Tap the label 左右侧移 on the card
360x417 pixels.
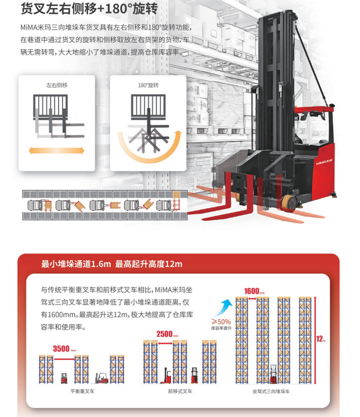point(57,85)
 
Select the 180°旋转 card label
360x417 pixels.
point(148,85)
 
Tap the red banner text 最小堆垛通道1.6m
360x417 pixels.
point(76,264)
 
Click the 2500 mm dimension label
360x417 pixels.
point(167,334)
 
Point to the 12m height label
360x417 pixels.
point(320,339)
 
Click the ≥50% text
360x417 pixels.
point(221,321)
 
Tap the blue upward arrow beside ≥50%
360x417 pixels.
point(226,306)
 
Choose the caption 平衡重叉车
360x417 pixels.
point(82,391)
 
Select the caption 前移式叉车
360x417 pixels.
point(179,391)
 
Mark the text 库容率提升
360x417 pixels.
point(221,328)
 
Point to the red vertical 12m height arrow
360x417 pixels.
point(314,339)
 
